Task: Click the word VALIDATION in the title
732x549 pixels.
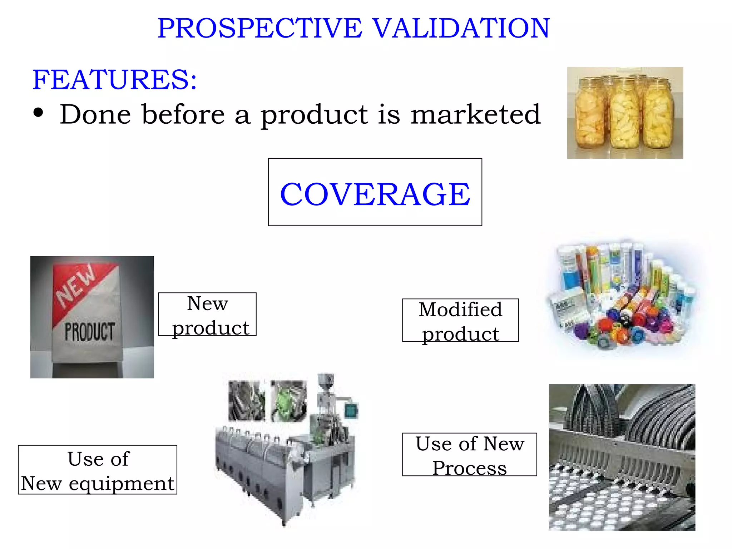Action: pos(461,28)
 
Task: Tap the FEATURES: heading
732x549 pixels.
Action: pos(114,79)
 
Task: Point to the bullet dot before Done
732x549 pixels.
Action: pos(38,113)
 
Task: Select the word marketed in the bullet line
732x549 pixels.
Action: pos(475,114)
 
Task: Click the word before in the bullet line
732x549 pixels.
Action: pos(183,114)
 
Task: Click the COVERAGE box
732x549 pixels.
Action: pos(375,192)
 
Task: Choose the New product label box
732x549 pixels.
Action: pos(207,315)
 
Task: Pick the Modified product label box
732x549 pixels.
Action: pos(460,321)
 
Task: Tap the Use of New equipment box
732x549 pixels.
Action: pos(98,470)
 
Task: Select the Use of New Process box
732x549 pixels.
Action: pos(469,455)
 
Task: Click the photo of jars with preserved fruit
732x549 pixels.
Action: pos(625,113)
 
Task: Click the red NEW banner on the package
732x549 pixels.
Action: pos(77,286)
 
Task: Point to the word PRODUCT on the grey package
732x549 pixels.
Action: pos(90,332)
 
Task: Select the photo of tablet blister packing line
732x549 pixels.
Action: pos(622,457)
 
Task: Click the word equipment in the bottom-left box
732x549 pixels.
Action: pos(122,484)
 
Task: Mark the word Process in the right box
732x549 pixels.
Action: pos(469,468)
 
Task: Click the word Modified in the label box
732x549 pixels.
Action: pos(460,310)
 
